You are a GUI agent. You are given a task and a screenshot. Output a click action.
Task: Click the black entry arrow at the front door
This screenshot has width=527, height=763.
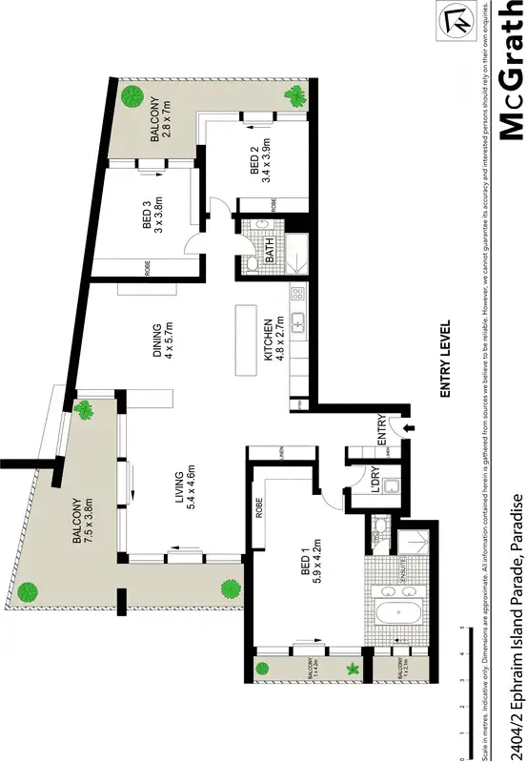pos(411,430)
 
